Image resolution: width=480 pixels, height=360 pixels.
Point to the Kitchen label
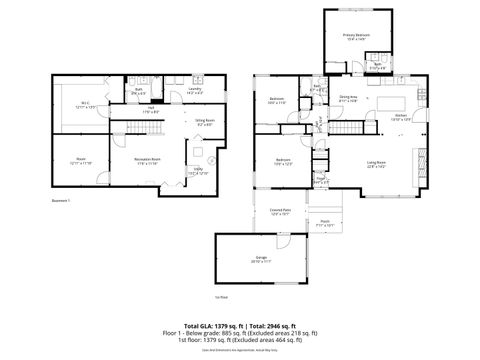click(401, 116)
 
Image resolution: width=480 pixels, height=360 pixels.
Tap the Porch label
click(324, 224)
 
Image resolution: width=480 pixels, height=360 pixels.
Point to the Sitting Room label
click(205, 121)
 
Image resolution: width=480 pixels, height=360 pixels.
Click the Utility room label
click(199, 171)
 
